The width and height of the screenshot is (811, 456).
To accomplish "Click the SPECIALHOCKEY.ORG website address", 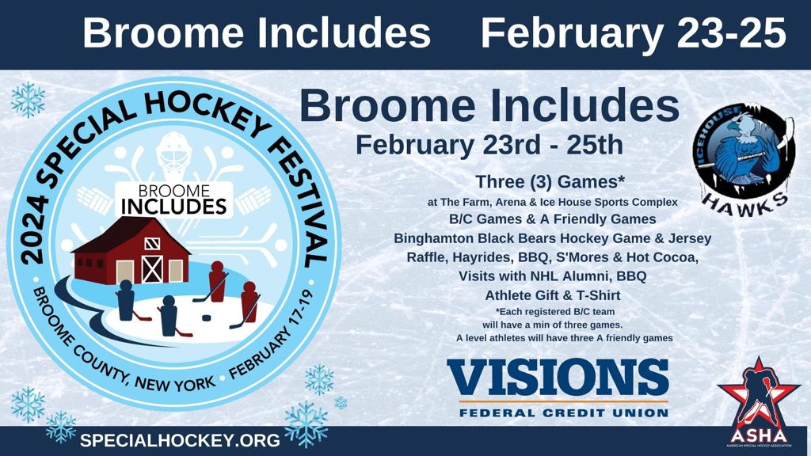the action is tap(180, 440).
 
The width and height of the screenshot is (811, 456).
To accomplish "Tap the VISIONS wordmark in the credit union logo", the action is tap(558, 378).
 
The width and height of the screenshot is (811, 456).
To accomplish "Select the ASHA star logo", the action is tap(759, 401).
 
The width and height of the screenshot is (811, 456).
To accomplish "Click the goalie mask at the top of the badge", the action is tap(174, 154).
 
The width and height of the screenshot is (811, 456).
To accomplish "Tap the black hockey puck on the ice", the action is tap(206, 317).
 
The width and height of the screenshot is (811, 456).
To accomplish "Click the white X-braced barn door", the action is tap(152, 269).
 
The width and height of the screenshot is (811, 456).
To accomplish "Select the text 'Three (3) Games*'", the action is tap(550, 182).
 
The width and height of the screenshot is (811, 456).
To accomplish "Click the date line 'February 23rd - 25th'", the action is tap(489, 146).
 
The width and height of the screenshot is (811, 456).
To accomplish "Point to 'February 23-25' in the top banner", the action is tap(634, 32).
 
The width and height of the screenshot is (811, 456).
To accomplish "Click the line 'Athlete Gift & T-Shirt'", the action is tap(552, 295).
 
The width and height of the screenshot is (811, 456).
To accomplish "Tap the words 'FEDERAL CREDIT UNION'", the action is tap(564, 413).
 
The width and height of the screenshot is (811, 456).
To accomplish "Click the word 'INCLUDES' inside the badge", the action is tap(173, 207).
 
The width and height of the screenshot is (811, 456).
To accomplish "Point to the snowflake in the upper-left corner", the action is tap(28, 99).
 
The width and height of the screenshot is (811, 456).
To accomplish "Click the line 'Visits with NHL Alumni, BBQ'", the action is tap(552, 276).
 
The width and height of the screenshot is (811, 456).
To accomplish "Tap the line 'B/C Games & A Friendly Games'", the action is tap(552, 219).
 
